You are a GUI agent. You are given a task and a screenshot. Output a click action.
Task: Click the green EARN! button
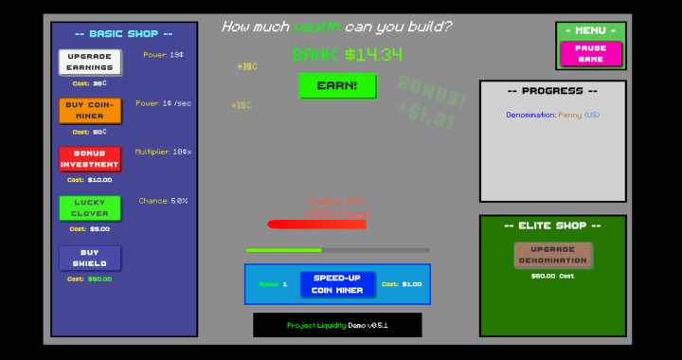tap(337, 85)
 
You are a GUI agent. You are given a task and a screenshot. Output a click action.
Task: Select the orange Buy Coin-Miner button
tap(90, 111)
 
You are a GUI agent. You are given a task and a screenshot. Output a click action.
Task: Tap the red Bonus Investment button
tap(90, 159)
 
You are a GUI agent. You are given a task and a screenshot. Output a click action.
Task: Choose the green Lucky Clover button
tap(90, 208)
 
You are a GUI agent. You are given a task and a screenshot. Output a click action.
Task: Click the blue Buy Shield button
tap(90, 258)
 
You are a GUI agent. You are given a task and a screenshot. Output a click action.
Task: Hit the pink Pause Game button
tap(590, 54)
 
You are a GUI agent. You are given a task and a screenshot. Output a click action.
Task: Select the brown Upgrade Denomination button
tap(553, 255)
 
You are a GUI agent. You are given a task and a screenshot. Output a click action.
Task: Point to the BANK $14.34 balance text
tap(348, 54)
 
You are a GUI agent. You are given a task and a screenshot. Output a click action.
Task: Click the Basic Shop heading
tap(123, 33)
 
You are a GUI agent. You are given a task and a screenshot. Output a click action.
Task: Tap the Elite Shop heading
tap(552, 225)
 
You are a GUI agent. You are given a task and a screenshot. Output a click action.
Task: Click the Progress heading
tap(552, 91)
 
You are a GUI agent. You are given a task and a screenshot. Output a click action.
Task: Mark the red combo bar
tap(316, 225)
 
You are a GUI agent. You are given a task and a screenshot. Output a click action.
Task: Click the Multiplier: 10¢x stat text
tap(163, 152)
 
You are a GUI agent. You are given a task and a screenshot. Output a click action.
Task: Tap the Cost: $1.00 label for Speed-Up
tap(402, 284)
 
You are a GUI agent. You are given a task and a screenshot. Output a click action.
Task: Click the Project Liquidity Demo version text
tap(337, 325)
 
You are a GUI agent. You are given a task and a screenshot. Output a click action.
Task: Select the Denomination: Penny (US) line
tap(552, 115)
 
